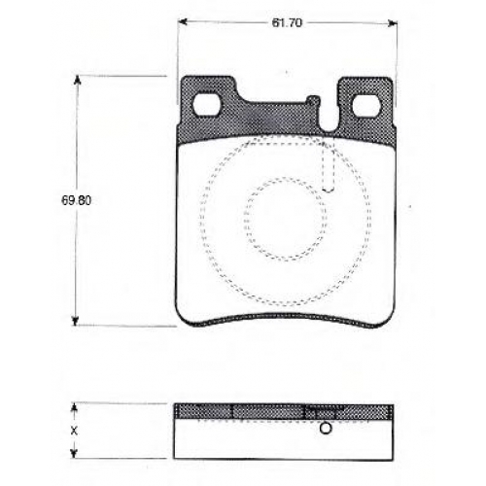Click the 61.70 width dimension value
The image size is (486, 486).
(x=287, y=22)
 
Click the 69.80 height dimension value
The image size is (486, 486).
(x=76, y=200)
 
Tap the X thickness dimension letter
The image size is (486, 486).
(x=74, y=431)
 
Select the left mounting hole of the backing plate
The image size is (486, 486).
(x=206, y=105)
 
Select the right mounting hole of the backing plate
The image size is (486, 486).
(x=365, y=105)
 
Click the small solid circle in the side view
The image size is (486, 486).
(x=326, y=429)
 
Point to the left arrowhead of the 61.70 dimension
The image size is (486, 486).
(x=184, y=22)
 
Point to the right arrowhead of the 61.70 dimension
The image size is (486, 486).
(x=393, y=22)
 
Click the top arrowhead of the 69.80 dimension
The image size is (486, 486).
(x=77, y=80)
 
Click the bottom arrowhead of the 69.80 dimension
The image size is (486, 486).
(x=76, y=321)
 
